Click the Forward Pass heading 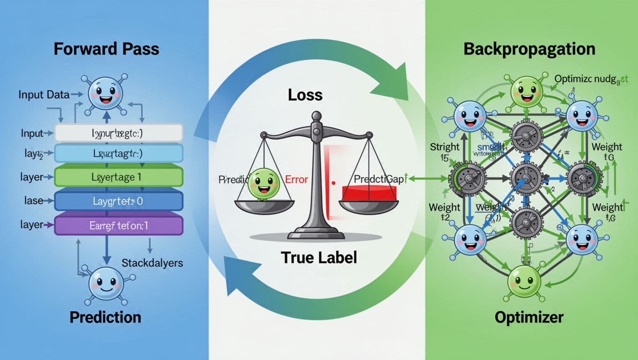[106, 49]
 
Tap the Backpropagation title [529, 49]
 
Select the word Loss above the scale [305, 95]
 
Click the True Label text [319, 257]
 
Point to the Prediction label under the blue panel [105, 317]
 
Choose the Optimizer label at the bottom [529, 317]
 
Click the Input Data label [44, 95]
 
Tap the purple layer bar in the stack [118, 225]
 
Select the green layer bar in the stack [118, 178]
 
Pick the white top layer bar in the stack [118, 133]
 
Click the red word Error [296, 179]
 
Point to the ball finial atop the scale [317, 115]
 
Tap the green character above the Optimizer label [524, 281]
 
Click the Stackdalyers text [152, 262]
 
